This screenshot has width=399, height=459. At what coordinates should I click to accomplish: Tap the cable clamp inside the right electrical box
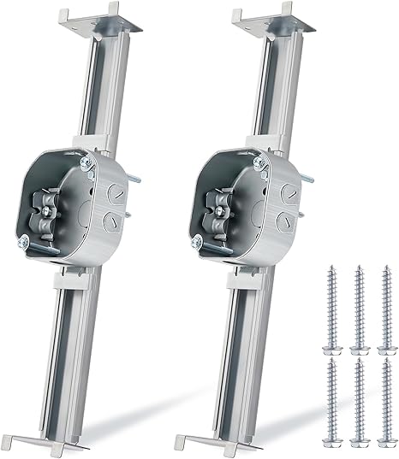click(x=222, y=207)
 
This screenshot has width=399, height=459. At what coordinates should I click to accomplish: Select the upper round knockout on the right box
click(x=287, y=196)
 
